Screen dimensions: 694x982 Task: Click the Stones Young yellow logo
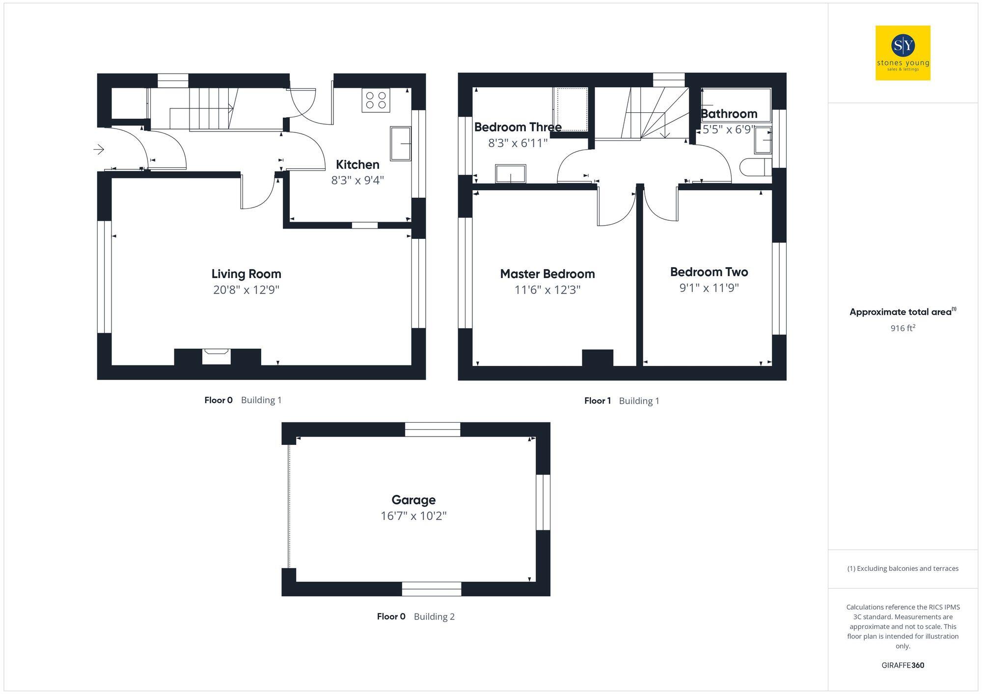tap(902, 53)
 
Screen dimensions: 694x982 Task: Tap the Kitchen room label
tap(357, 165)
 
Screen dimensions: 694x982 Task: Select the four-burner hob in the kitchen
tap(376, 100)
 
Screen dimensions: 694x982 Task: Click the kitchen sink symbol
tap(400, 143)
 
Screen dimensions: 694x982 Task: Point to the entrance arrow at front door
tap(99, 149)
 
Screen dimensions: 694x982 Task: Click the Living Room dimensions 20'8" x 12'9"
tap(246, 290)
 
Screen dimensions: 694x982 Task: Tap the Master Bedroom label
tap(547, 274)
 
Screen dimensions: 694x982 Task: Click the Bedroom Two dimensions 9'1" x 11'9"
tap(709, 288)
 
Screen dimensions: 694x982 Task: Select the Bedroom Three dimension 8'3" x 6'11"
tap(518, 143)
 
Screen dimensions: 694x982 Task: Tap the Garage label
tap(413, 500)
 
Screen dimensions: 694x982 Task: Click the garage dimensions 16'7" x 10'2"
tap(413, 516)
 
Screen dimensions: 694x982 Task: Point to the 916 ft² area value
tap(902, 328)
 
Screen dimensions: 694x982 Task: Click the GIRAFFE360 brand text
tap(902, 666)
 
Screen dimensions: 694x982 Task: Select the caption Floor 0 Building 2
tap(415, 617)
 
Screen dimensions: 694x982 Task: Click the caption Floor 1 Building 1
tap(622, 401)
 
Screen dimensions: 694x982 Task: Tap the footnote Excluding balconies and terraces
tap(902, 568)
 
